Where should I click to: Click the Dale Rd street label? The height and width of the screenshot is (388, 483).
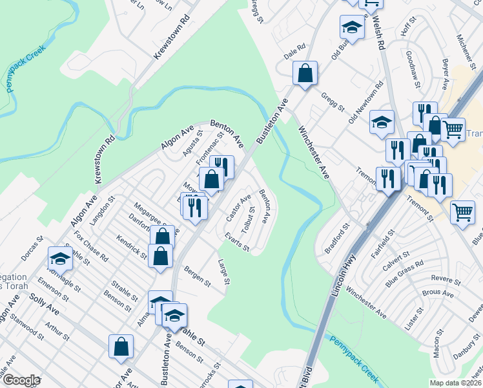[294, 50]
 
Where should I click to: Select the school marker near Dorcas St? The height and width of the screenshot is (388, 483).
[60, 260]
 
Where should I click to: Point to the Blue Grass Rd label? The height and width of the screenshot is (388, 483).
[404, 274]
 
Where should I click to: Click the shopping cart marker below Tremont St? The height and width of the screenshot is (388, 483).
[463, 212]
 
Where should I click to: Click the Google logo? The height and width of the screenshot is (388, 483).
[22, 380]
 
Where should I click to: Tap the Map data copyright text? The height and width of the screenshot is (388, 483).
[456, 383]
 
